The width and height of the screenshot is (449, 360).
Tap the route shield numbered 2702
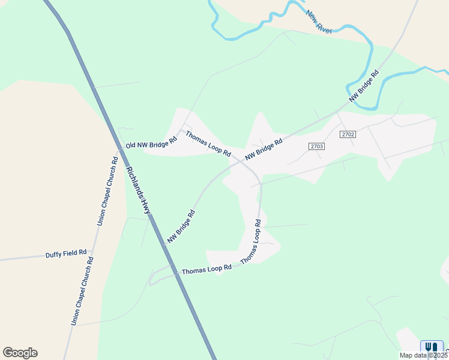tap(348, 134)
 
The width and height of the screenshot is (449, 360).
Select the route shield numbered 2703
tap(317, 146)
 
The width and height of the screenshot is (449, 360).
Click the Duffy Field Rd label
tap(66, 254)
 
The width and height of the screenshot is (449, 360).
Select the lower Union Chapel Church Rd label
tap(82, 291)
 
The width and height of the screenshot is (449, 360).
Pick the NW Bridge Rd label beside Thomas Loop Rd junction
tap(264, 150)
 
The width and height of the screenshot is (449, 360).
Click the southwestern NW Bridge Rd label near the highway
tap(181, 226)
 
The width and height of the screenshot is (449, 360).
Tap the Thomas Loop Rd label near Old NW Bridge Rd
tap(208, 144)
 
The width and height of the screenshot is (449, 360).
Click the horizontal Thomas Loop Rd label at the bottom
tap(206, 269)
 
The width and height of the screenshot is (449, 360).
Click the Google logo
tap(20, 353)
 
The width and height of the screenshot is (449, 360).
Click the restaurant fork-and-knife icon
tap(431, 347)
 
